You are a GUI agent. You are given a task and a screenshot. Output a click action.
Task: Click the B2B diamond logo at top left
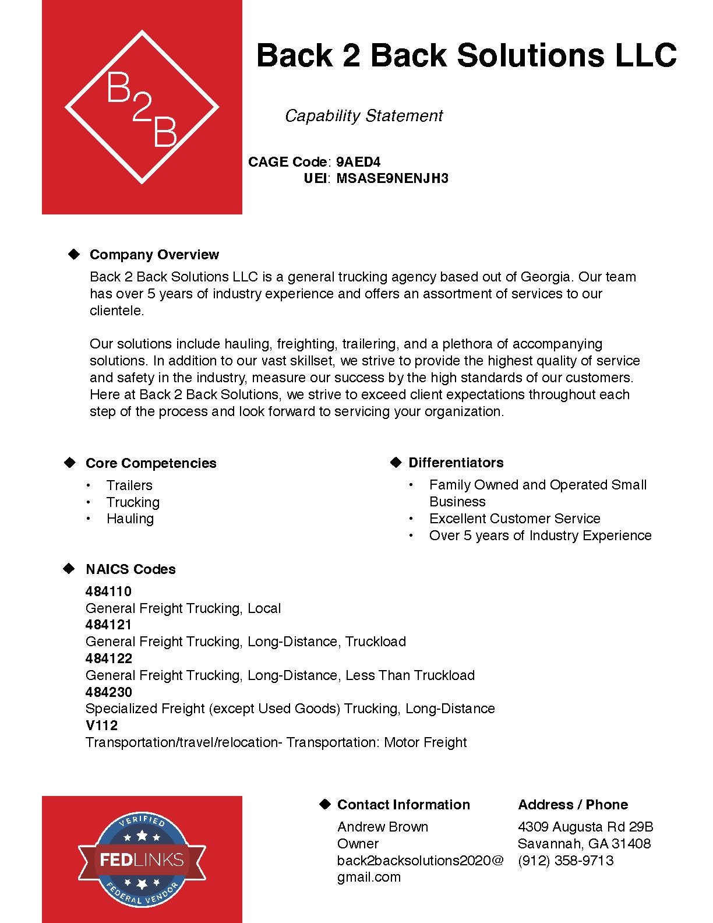point(142,107)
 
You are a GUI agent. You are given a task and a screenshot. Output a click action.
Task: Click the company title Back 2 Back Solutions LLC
point(466,56)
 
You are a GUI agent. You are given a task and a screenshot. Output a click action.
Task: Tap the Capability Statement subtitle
point(363,116)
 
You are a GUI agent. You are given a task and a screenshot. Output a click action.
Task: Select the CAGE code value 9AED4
point(358,162)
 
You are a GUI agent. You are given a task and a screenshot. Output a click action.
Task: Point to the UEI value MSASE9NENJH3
point(392,178)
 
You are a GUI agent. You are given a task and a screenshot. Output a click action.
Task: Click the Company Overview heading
point(154,255)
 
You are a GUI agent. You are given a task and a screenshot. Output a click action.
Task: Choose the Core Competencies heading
point(151,463)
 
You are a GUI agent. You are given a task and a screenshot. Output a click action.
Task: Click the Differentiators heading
point(456,463)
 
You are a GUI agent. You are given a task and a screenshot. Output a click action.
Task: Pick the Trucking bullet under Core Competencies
point(133,502)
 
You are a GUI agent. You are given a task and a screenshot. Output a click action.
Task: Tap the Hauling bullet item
point(130,519)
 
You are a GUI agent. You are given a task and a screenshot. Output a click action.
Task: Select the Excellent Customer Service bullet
point(514,519)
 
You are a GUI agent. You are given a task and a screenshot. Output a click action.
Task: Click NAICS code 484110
point(109,591)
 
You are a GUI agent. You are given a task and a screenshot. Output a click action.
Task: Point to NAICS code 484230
point(109,692)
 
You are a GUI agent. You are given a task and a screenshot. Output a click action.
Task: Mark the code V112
point(101,725)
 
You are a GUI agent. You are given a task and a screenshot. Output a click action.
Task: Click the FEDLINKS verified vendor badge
point(142,859)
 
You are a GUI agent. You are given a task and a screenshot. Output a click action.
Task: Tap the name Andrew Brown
point(383,827)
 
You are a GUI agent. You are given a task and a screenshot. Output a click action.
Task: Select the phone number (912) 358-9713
point(565,861)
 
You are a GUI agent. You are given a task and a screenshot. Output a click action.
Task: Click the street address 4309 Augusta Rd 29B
point(585,827)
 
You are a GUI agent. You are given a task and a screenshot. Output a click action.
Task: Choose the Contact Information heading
point(403,805)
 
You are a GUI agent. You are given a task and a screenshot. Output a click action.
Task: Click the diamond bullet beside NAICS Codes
point(69,569)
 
